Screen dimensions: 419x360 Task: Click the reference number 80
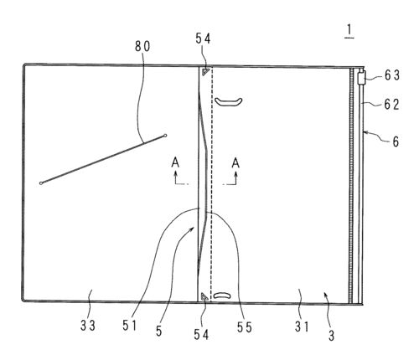[x=142, y=46]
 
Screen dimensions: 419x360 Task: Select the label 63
[x=392, y=75]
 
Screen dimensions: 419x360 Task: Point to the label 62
[x=391, y=105]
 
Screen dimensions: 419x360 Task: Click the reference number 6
[x=396, y=141]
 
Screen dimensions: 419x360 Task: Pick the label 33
[x=88, y=326]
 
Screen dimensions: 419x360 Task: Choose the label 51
[x=130, y=326]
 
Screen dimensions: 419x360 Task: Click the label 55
[x=245, y=327]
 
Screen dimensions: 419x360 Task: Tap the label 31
[x=302, y=327]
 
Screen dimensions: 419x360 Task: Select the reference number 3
[x=331, y=336]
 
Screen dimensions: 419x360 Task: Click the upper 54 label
[x=203, y=39]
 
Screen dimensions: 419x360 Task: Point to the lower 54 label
[x=201, y=334]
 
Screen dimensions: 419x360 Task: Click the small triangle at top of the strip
[x=205, y=71]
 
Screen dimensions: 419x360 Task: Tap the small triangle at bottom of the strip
[x=204, y=297]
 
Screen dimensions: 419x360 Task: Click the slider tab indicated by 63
[x=361, y=78]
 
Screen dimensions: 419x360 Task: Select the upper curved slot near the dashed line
[x=228, y=102]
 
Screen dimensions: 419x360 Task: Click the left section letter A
[x=175, y=162]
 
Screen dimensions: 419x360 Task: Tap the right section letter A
[x=235, y=162]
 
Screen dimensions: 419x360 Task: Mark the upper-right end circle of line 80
[x=165, y=136]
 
